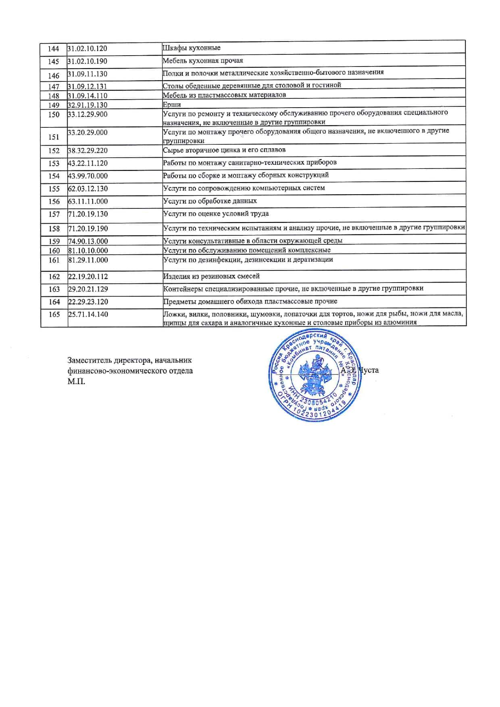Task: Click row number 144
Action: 53,49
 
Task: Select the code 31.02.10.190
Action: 87,61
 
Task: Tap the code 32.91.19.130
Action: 87,105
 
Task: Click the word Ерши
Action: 172,105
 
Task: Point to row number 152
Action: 54,151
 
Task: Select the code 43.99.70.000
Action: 88,176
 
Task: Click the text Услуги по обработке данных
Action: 210,201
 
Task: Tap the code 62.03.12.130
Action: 88,189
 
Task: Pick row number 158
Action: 54,229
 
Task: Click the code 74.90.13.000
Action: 88,241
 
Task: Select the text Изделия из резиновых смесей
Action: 211,277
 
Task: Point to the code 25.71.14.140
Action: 88,314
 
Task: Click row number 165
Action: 54,314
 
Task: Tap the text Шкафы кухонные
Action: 192,48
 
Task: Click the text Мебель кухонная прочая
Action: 203,61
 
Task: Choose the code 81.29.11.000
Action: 88,260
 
